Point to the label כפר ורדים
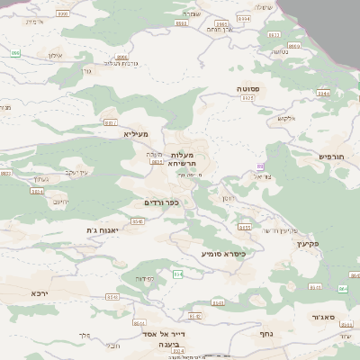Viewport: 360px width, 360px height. pos(161,202)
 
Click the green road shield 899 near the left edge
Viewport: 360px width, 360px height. pos(14,53)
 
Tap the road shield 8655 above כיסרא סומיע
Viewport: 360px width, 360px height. pos(244,228)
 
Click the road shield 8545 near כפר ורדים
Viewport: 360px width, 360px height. pos(138,220)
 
